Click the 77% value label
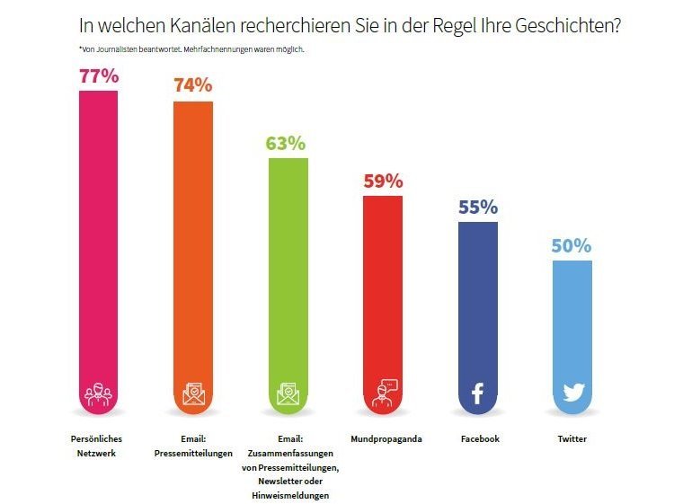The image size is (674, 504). tap(99, 76)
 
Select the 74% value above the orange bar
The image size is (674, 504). tap(192, 85)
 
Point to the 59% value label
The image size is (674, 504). tap(383, 181)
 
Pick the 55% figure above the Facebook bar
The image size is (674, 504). tap(478, 207)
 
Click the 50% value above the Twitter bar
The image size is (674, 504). tap(572, 245)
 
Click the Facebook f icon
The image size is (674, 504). tap(477, 393)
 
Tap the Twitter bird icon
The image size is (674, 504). tap(572, 393)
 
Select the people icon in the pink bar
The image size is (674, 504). tap(98, 393)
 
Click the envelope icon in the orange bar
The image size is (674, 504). tap(193, 393)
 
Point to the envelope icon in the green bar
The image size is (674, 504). tap(288, 393)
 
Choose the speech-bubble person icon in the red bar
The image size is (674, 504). tap(383, 393)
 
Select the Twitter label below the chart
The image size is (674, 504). tap(572, 439)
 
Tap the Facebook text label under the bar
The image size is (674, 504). tap(479, 439)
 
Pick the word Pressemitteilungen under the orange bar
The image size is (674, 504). tap(193, 454)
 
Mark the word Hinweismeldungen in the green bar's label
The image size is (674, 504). tap(288, 495)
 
